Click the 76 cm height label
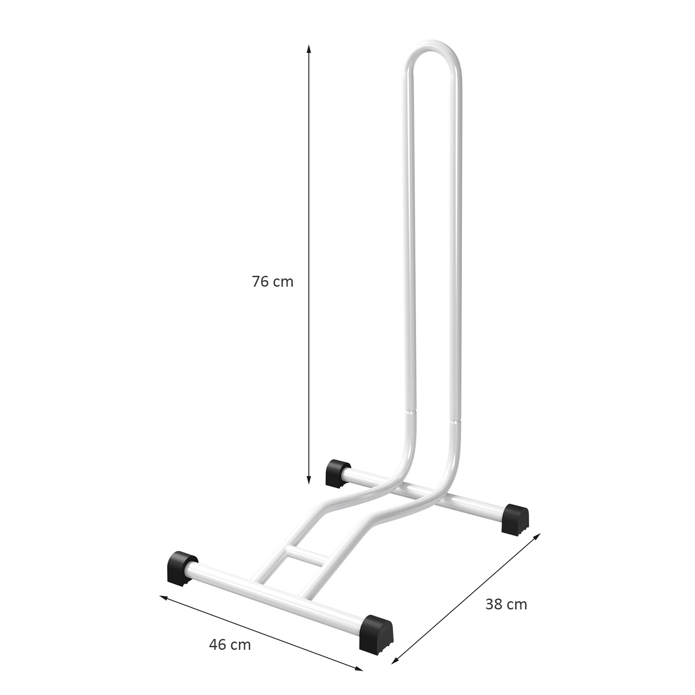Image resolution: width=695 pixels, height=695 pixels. (273, 282)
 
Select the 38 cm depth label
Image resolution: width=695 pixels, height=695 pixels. (506, 604)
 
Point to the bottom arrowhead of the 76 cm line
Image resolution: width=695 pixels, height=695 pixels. (309, 479)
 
